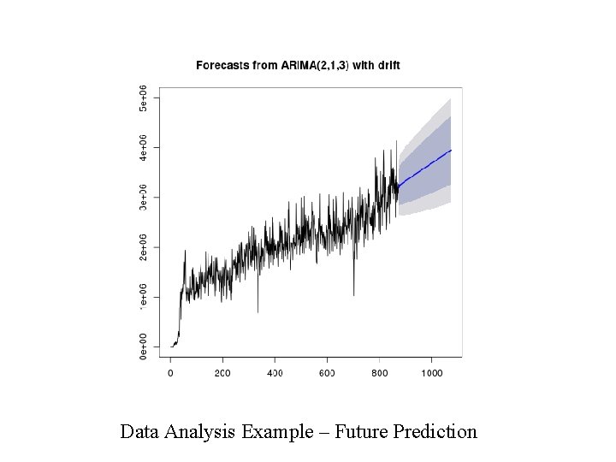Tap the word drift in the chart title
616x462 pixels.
click(x=387, y=65)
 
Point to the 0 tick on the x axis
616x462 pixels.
click(x=170, y=373)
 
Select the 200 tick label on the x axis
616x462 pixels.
click(x=222, y=373)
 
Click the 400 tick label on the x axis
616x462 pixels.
click(x=275, y=373)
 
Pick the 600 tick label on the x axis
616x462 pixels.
click(x=327, y=373)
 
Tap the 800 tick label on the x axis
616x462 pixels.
click(x=379, y=373)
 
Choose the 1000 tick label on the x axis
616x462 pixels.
click(x=431, y=373)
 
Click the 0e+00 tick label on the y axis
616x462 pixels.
click(x=144, y=346)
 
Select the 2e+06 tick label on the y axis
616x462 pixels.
click(x=144, y=247)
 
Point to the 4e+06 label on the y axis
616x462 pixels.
click(x=144, y=147)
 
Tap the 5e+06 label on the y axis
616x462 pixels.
click(x=144, y=98)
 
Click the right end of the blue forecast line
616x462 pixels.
click(x=450, y=151)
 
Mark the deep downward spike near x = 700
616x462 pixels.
click(x=353, y=293)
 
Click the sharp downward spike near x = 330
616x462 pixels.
click(x=258, y=310)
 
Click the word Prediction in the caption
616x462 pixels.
click(x=435, y=431)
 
